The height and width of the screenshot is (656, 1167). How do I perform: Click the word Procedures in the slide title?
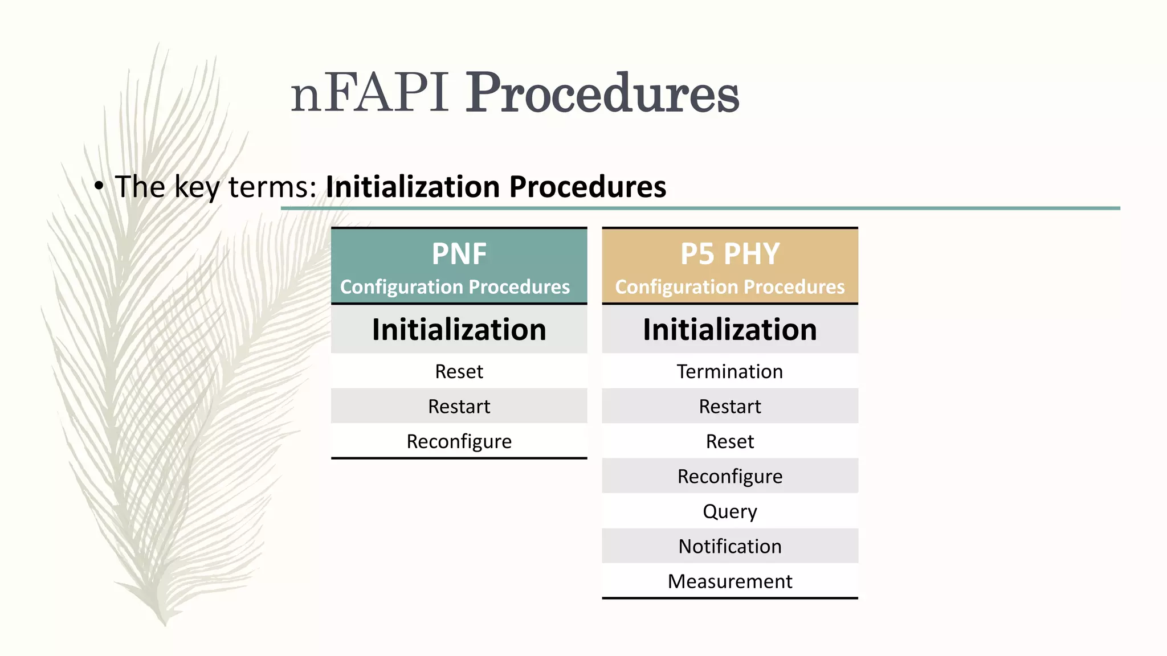coord(602,93)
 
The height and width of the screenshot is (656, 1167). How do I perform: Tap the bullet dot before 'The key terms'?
coord(99,186)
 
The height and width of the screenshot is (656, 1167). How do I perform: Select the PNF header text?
coord(459,253)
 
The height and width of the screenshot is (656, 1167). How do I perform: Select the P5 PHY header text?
coord(729,253)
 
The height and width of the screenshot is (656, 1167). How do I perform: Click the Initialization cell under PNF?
coord(459,330)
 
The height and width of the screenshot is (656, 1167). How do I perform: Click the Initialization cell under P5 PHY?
coord(729,330)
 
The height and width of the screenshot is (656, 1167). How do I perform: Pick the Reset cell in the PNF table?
coord(459,371)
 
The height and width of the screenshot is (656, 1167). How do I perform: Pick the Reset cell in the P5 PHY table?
coord(729,441)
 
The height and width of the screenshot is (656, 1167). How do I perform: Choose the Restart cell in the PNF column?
coord(459,407)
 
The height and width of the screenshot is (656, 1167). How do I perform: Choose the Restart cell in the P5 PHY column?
coord(729,407)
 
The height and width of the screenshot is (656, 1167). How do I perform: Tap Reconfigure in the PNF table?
coord(459,441)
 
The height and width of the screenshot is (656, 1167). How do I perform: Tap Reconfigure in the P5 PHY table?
coord(729,476)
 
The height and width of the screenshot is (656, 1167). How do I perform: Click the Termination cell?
coord(729,371)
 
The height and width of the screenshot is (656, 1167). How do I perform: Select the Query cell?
coord(729,511)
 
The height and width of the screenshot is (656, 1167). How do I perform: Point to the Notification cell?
coord(729,546)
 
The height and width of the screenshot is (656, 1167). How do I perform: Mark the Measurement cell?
coord(729,581)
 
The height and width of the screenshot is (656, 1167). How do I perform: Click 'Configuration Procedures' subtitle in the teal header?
coord(455,287)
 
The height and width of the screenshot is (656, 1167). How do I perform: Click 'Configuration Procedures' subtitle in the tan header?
coord(729,287)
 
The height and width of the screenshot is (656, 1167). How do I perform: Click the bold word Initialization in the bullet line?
coord(413,187)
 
